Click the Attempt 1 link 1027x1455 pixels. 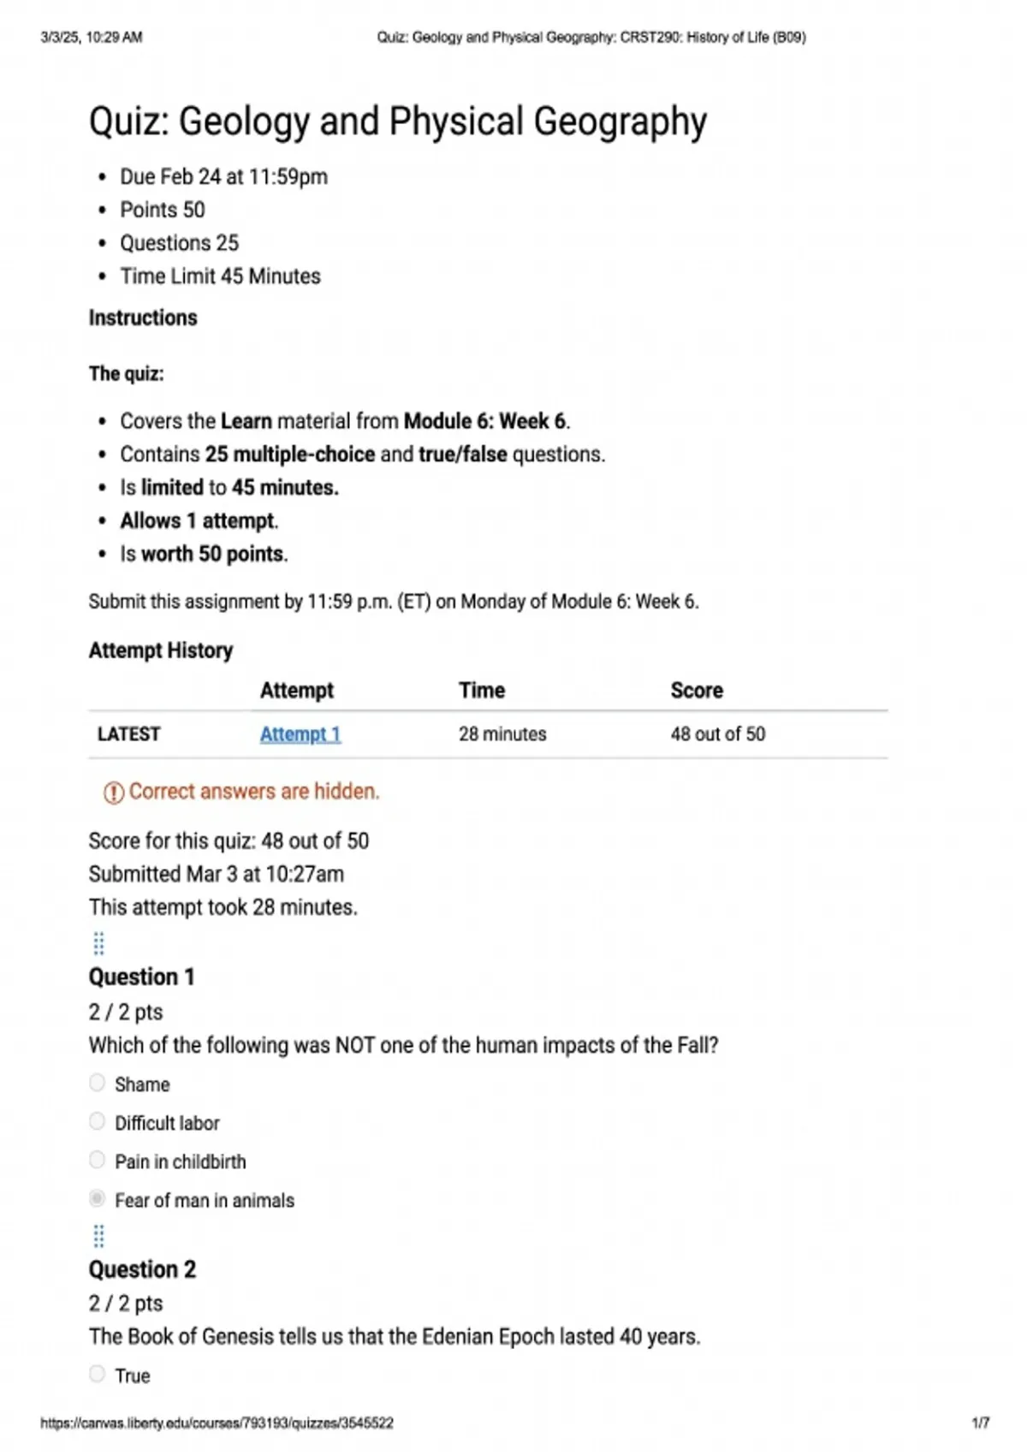(300, 734)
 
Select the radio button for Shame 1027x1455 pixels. (98, 1084)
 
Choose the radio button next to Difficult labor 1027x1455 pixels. (98, 1122)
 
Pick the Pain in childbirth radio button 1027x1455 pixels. (98, 1161)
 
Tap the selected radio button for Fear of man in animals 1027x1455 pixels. (98, 1199)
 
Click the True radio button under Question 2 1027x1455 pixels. (98, 1375)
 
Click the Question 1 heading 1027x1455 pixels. (142, 977)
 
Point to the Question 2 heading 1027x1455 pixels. (142, 1269)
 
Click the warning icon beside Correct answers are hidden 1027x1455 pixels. (113, 793)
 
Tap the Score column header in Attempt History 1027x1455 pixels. (697, 691)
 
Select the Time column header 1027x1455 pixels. (482, 691)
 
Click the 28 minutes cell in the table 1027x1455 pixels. (502, 734)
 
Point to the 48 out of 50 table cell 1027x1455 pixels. (718, 734)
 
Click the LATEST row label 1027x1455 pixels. (129, 734)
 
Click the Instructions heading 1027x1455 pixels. (143, 318)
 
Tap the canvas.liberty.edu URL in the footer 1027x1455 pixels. (217, 1423)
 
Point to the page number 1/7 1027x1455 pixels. (981, 1423)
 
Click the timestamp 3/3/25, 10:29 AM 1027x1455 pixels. (92, 38)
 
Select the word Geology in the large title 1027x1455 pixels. (244, 122)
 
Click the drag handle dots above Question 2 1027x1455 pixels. (98, 1236)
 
